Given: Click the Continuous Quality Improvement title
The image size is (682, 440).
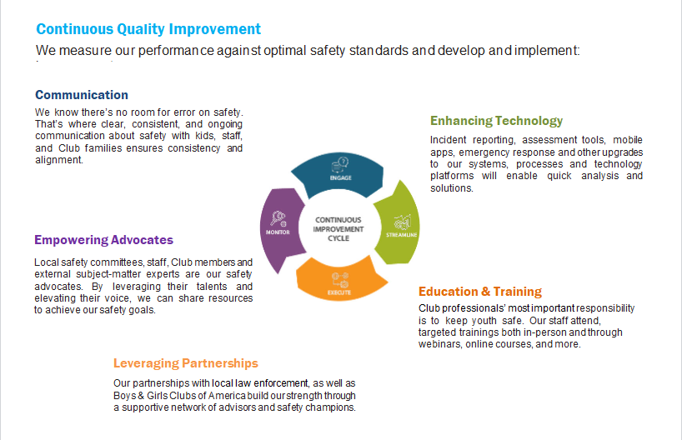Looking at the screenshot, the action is [x=148, y=29].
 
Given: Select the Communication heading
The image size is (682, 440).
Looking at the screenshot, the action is [x=82, y=95].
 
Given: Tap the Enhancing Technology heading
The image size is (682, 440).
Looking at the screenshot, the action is [x=496, y=121].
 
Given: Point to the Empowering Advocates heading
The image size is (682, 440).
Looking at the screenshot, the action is [x=103, y=240].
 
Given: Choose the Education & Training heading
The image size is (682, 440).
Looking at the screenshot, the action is [x=480, y=292].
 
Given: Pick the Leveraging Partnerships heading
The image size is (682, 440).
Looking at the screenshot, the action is [x=186, y=363].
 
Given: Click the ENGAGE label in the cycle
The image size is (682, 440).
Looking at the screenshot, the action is [x=340, y=177].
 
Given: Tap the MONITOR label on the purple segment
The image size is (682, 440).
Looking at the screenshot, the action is [x=278, y=232].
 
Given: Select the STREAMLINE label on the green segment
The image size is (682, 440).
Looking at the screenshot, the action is [x=402, y=235].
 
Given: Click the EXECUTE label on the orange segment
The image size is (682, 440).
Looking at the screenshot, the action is [x=339, y=292].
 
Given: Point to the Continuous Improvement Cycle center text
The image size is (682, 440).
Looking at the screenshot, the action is [x=338, y=229].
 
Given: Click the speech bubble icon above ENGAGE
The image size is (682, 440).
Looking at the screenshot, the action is [x=340, y=165].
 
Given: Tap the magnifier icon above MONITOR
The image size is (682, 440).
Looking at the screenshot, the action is [x=278, y=218].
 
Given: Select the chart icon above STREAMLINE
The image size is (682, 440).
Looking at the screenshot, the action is [x=403, y=222].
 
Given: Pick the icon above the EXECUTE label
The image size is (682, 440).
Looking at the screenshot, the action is [x=339, y=281].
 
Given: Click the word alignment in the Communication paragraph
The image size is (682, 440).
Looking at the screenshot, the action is [x=59, y=160].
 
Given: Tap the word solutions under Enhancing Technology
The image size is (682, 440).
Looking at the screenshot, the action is [x=452, y=188].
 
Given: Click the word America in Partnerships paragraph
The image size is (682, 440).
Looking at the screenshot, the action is [x=227, y=396].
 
